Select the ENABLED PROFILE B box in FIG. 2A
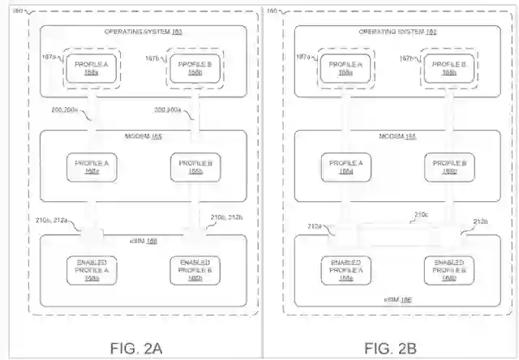click(x=194, y=271)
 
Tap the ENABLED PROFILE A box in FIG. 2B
click(x=347, y=271)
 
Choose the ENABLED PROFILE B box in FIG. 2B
click(x=448, y=271)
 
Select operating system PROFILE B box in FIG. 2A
click(x=194, y=67)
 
